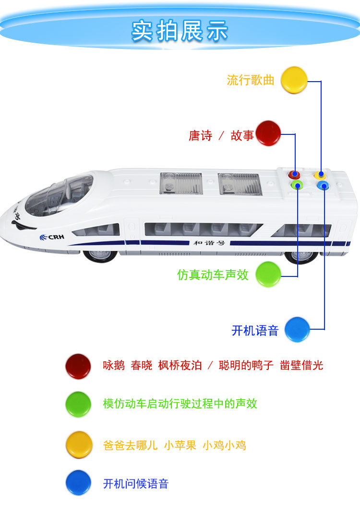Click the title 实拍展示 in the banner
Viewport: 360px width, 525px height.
click(180, 31)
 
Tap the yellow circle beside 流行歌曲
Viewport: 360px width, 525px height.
click(294, 80)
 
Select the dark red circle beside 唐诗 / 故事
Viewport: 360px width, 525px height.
click(268, 133)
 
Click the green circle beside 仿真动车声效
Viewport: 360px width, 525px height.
click(268, 274)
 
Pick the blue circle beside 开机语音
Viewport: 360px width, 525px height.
click(297, 329)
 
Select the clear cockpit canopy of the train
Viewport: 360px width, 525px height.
click(58, 195)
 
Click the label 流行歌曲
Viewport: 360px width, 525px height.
click(251, 80)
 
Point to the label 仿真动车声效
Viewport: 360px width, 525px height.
click(213, 274)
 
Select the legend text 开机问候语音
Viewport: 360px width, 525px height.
click(136, 484)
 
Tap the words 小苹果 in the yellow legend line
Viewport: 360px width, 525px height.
click(180, 445)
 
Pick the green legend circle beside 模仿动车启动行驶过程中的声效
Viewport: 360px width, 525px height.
click(78, 404)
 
